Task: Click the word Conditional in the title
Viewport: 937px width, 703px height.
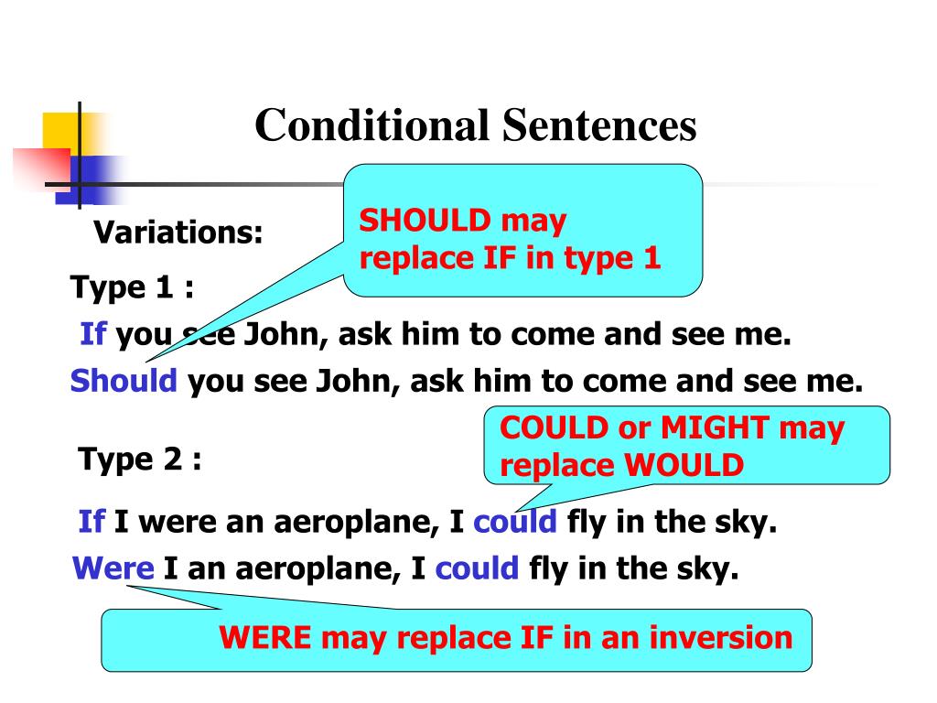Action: point(371,125)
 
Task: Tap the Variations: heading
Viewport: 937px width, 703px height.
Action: point(179,233)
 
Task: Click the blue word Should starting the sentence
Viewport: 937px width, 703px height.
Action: point(124,380)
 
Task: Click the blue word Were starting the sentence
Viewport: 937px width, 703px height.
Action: point(113,569)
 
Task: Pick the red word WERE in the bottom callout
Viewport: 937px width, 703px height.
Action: point(266,637)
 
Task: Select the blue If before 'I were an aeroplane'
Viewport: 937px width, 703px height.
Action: point(92,523)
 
